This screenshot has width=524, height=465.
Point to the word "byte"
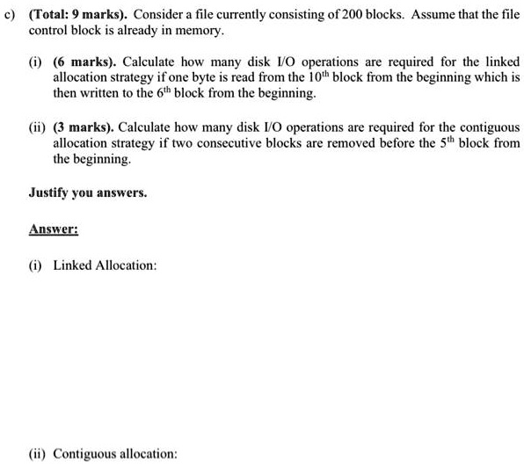(269, 77)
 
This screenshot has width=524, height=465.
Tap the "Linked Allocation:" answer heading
(104, 265)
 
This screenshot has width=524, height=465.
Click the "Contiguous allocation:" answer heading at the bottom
(115, 454)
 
